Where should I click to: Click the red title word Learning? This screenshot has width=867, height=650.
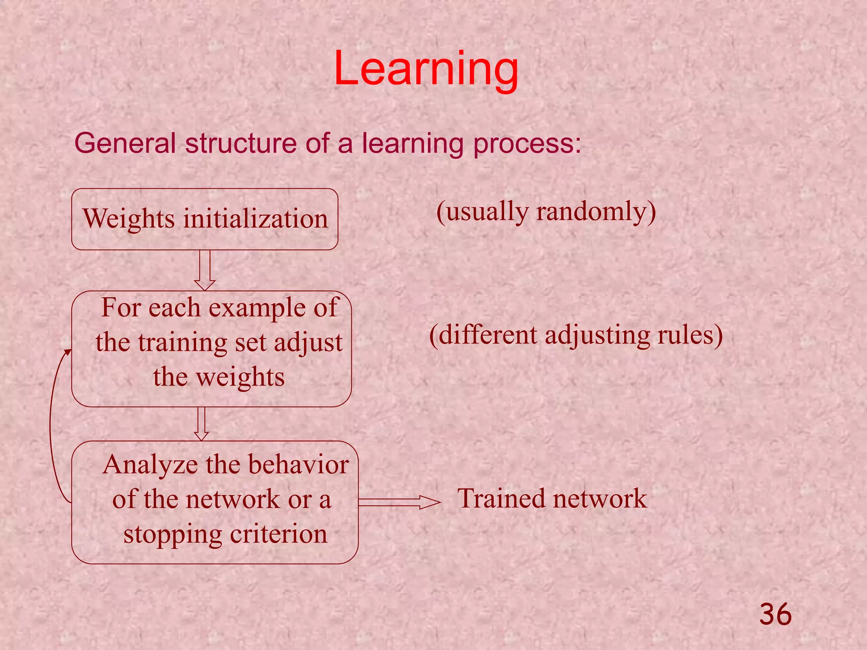(426, 69)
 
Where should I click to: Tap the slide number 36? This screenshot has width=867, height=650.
(775, 614)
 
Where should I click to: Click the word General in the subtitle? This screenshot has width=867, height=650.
(125, 143)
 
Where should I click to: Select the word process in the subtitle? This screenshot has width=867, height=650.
(527, 144)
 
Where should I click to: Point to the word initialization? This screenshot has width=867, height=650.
(256, 219)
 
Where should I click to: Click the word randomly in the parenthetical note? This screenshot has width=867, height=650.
(596, 212)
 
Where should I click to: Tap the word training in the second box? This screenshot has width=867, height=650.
(183, 342)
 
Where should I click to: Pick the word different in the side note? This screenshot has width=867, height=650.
(488, 335)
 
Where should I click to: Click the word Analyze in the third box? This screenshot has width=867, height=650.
(150, 465)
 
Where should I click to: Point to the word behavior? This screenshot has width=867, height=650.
(298, 464)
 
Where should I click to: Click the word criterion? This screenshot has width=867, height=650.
(279, 534)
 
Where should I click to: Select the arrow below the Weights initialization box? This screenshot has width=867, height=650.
(204, 270)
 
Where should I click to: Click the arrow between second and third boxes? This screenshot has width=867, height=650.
(202, 424)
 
